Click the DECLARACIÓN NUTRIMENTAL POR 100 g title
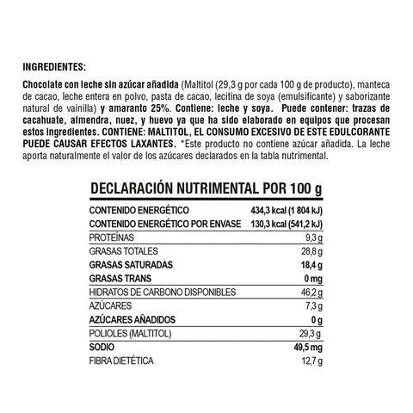point(206,188)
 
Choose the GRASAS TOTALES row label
point(124,251)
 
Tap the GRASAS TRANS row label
point(121,279)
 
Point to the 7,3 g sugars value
point(312,306)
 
